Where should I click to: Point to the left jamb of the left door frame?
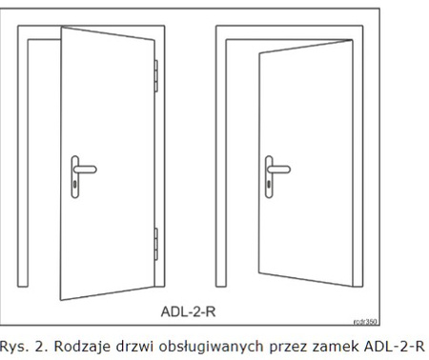[x=34, y=171]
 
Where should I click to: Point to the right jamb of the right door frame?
[x=367, y=171]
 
